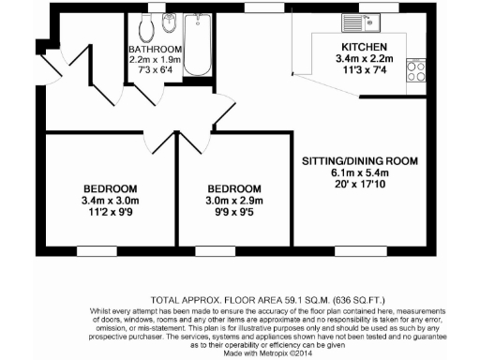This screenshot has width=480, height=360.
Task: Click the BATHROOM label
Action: point(155,50)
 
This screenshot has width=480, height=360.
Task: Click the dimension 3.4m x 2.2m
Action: point(358,57)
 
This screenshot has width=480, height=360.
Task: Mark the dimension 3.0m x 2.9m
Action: point(234,200)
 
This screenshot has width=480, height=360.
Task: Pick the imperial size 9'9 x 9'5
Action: point(234,212)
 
